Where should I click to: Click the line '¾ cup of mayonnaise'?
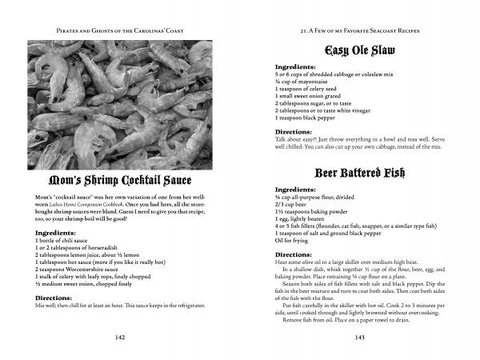coord(305,82)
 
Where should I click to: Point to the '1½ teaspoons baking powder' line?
coord(313,210)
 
